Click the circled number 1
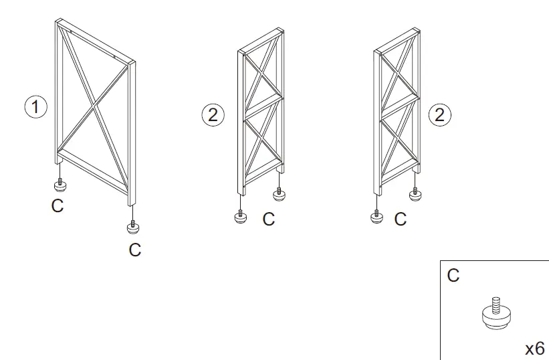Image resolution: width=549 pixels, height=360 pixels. [x=35, y=107]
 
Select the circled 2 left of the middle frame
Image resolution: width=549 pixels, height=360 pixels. [x=212, y=114]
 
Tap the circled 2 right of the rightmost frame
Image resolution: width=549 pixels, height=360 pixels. [x=439, y=114]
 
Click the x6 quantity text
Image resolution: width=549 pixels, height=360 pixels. [x=534, y=349]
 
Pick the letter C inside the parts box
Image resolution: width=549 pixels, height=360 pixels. [x=453, y=276]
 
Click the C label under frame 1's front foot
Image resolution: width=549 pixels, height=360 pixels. [x=134, y=250]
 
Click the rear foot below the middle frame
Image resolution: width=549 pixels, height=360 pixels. [x=280, y=194]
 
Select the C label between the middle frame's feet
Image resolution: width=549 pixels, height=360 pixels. [x=268, y=219]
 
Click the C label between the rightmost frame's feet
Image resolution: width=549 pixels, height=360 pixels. [x=400, y=219]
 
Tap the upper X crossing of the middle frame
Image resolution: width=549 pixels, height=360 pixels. [x=262, y=73]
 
